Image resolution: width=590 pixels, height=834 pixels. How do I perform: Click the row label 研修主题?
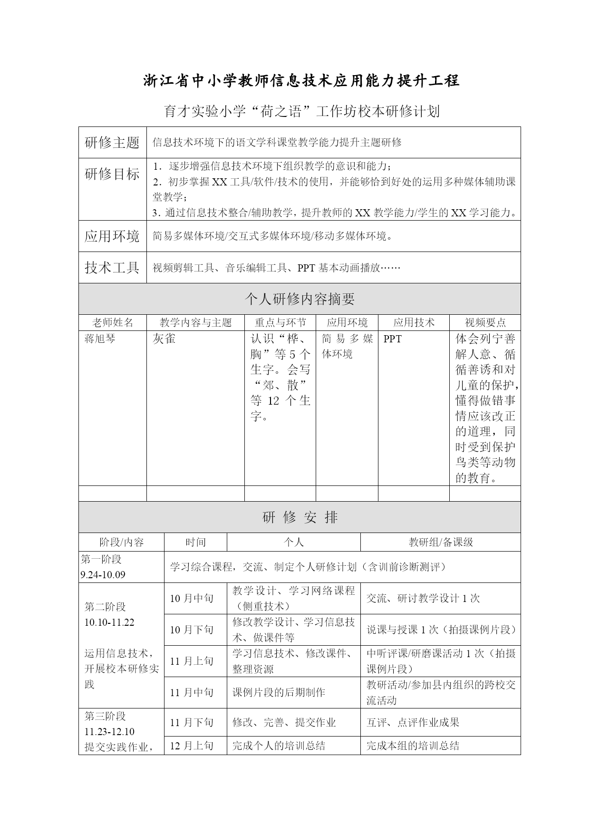tap(112, 142)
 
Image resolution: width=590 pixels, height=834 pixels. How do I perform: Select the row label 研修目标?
tap(112, 174)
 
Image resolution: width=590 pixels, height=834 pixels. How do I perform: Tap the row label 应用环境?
tap(112, 236)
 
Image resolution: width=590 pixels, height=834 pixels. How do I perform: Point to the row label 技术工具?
tap(112, 268)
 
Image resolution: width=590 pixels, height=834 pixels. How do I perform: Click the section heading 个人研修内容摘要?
tap(300, 299)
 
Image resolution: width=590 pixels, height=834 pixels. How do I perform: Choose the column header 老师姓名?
tap(113, 323)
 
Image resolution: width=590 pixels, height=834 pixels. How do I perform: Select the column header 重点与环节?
tap(280, 323)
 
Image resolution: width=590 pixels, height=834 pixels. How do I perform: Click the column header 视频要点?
tap(485, 323)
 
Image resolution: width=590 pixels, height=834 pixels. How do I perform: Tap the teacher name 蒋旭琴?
tap(100, 339)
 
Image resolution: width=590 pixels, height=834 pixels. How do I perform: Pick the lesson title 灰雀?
tap(164, 339)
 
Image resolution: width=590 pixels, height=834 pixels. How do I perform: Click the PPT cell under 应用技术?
tap(393, 339)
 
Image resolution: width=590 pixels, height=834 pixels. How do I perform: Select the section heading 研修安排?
tap(300, 517)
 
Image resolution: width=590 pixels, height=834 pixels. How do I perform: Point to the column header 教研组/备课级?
tap(441, 542)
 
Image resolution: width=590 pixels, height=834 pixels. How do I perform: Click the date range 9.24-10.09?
tap(103, 575)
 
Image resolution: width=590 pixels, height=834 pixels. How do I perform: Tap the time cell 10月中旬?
tap(192, 598)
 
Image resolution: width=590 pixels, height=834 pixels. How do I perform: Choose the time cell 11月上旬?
tap(192, 661)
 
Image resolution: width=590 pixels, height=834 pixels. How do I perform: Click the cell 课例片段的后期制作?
tap(279, 692)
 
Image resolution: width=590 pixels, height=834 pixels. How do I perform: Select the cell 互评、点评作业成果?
tap(413, 723)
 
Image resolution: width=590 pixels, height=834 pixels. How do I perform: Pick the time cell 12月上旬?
tap(192, 746)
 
